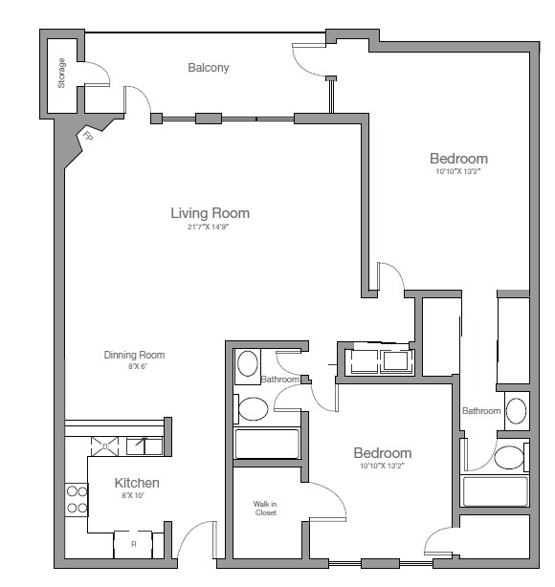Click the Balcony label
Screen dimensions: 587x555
pos(208,68)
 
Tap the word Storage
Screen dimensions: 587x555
pos(62,75)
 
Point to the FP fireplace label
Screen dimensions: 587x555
pos(88,136)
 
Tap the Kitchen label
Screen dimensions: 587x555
pos(137,483)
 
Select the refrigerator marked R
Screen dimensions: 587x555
pos(132,545)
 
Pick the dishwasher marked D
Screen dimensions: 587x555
pos(105,444)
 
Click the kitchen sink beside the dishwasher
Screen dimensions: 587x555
pos(143,444)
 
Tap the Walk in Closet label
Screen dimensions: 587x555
pos(265,508)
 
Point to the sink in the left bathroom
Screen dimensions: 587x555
pos(248,364)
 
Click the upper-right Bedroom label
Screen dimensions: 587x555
pos(458,159)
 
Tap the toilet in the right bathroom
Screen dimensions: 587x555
pos(510,455)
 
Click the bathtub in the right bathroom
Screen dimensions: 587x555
pos(495,491)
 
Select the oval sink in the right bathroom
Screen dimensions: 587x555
pos(516,411)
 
